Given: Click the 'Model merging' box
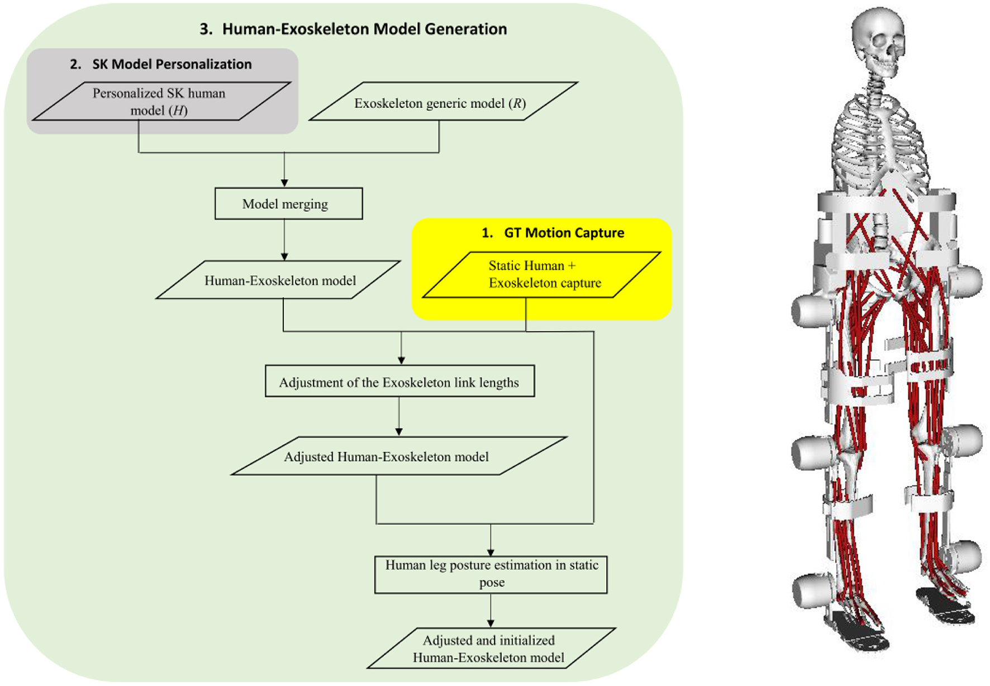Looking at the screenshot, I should (x=288, y=204).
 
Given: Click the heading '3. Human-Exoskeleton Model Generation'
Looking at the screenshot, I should (x=353, y=29).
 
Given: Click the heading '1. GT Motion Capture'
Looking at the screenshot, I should (x=553, y=233).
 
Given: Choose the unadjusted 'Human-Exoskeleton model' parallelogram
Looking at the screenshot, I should (x=279, y=280).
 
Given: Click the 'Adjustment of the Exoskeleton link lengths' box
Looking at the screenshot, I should (x=399, y=382).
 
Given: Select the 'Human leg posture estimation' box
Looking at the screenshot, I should (x=491, y=574).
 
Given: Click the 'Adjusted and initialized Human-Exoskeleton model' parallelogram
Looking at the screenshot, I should (x=491, y=649).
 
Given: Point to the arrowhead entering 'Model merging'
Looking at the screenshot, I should (x=284, y=183).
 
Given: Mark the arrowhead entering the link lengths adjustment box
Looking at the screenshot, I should (x=401, y=360).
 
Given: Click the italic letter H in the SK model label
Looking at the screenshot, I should (x=178, y=111).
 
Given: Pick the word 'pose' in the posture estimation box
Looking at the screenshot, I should (x=492, y=583).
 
